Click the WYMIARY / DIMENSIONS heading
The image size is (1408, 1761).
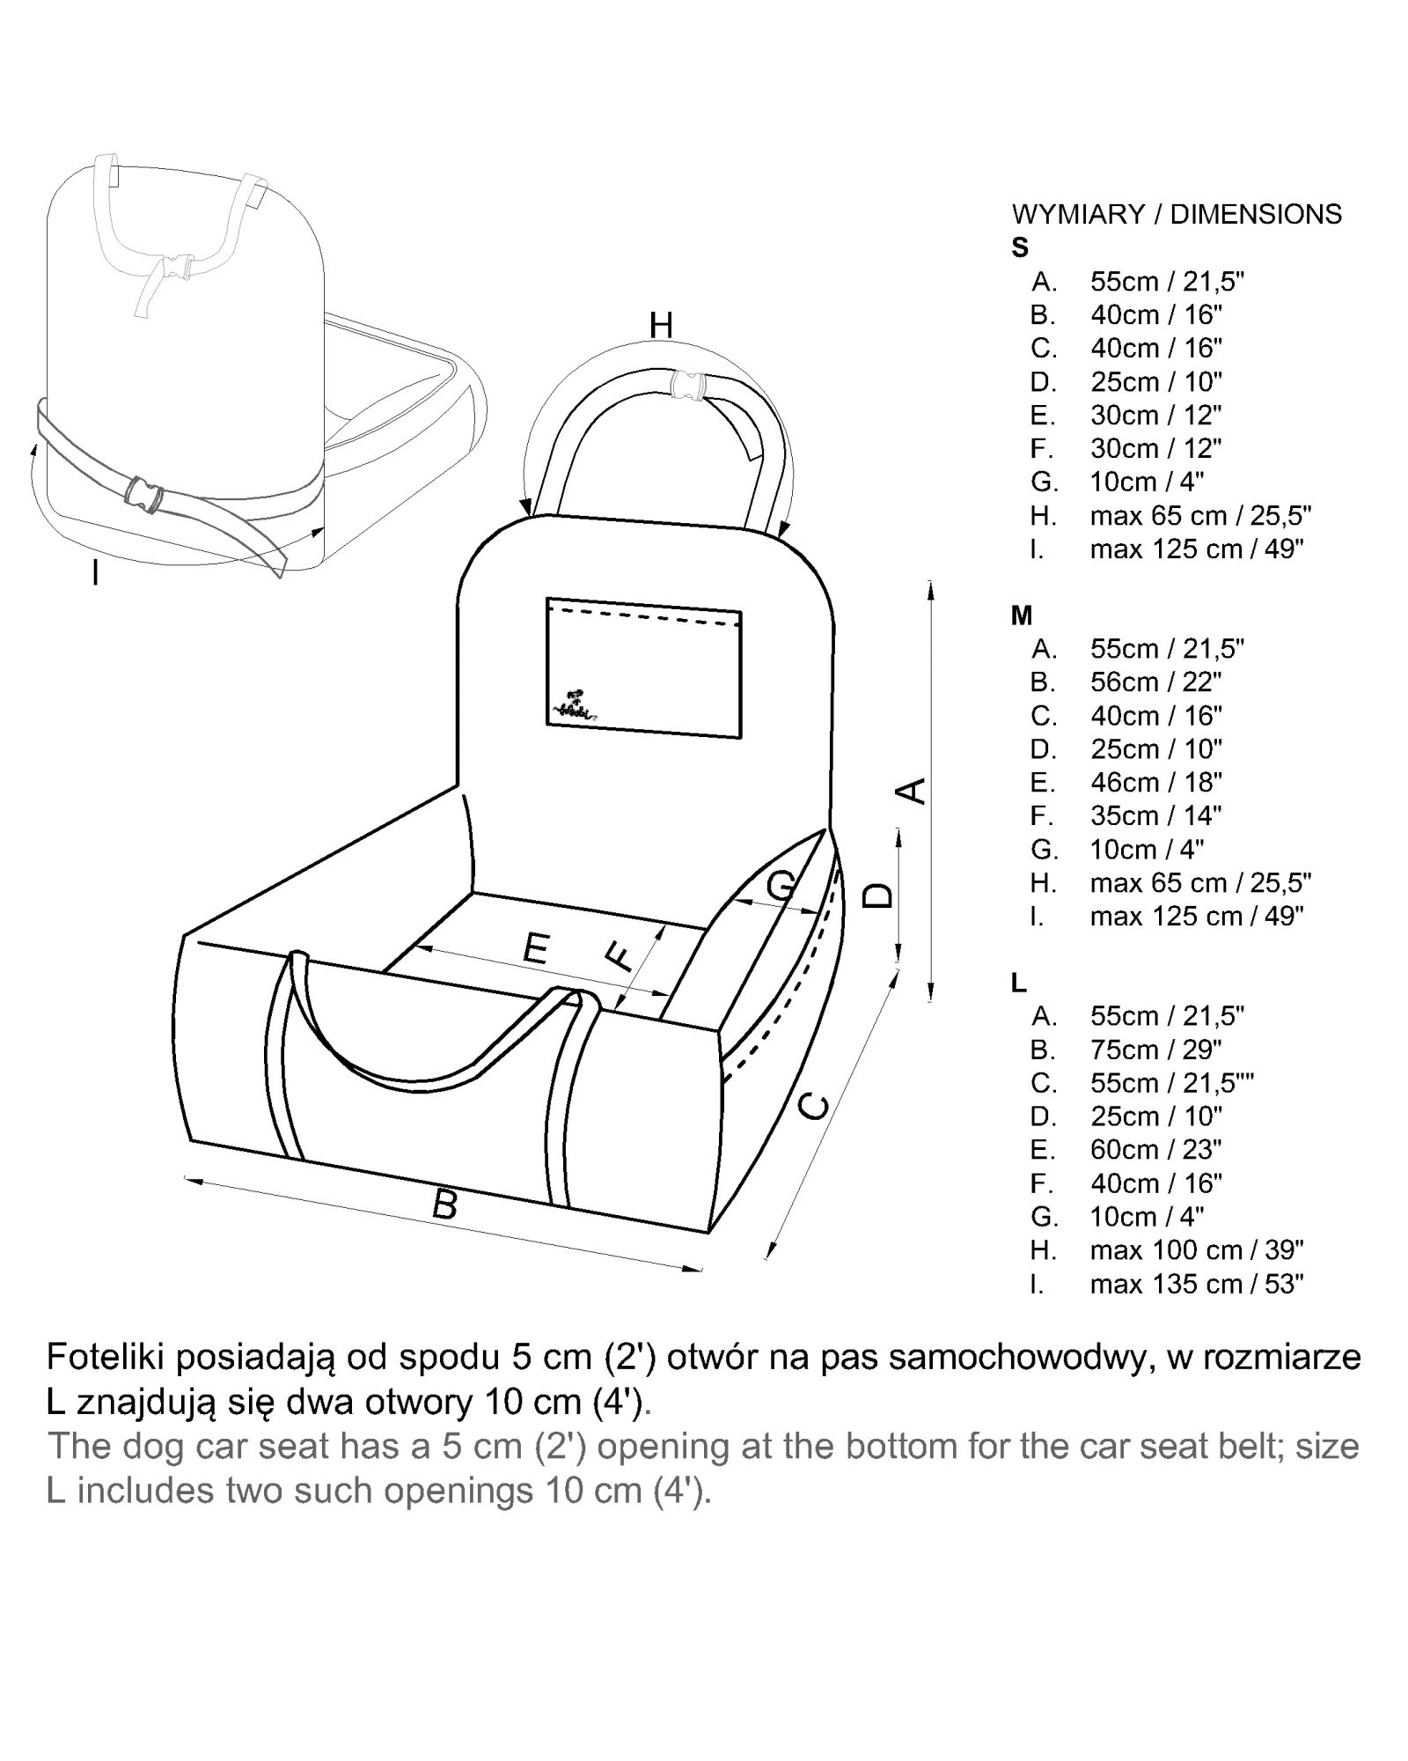coord(1177,214)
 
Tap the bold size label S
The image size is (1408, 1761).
coord(1020,248)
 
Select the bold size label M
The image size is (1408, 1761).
coord(1022,615)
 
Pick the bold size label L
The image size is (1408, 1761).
coord(1019,983)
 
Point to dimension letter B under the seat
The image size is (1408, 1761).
coord(445,1204)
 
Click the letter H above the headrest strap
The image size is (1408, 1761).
coord(661,326)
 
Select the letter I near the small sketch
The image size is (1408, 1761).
coord(94,574)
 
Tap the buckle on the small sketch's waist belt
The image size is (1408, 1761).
coord(143,494)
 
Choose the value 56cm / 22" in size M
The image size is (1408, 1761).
coord(1156,682)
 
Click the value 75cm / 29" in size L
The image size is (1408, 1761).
coord(1156,1050)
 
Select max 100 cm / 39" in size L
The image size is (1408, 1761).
coord(1196,1250)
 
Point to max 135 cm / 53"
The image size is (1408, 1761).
coord(1196,1284)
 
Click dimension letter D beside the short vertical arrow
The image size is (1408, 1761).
coord(877,896)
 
